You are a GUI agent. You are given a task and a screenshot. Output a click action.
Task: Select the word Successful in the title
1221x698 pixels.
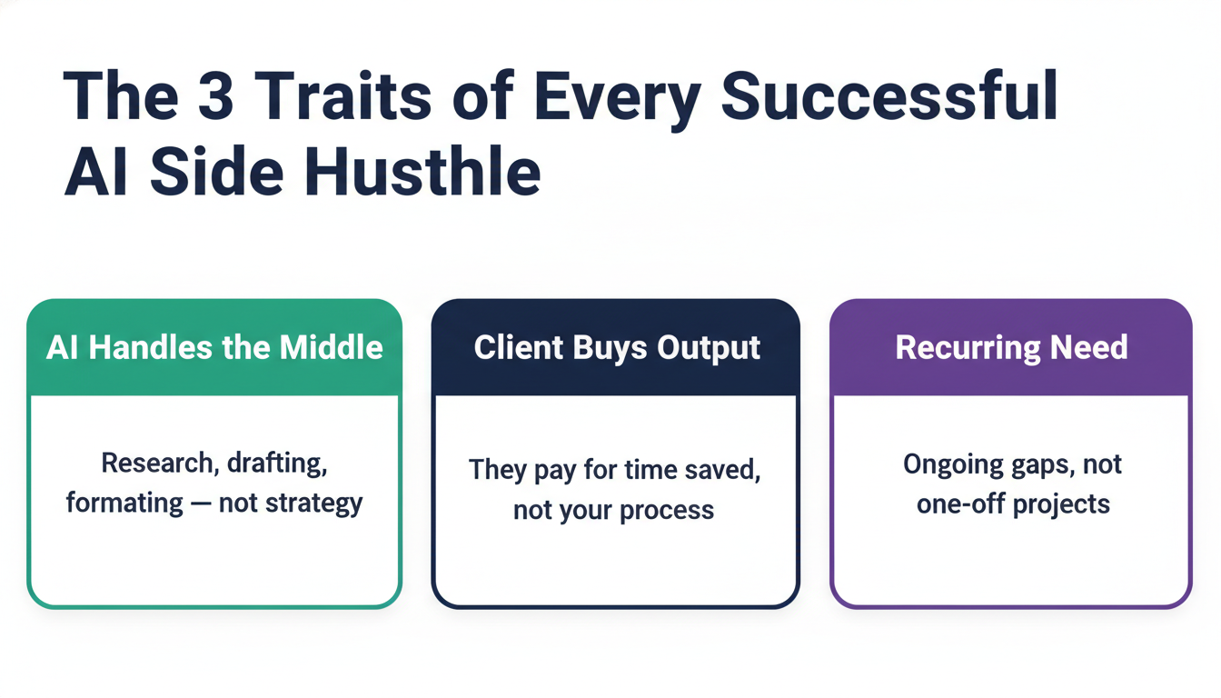click(x=889, y=95)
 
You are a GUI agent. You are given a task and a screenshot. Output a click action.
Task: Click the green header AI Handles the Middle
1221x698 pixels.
click(x=214, y=347)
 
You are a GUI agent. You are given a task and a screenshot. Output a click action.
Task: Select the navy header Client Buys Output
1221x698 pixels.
click(x=617, y=347)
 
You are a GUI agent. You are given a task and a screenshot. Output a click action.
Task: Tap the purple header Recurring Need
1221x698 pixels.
click(x=1011, y=347)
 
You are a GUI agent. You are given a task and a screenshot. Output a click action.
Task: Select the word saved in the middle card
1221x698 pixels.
click(x=722, y=470)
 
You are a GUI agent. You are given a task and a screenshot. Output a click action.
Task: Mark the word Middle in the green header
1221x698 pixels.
click(x=331, y=347)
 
